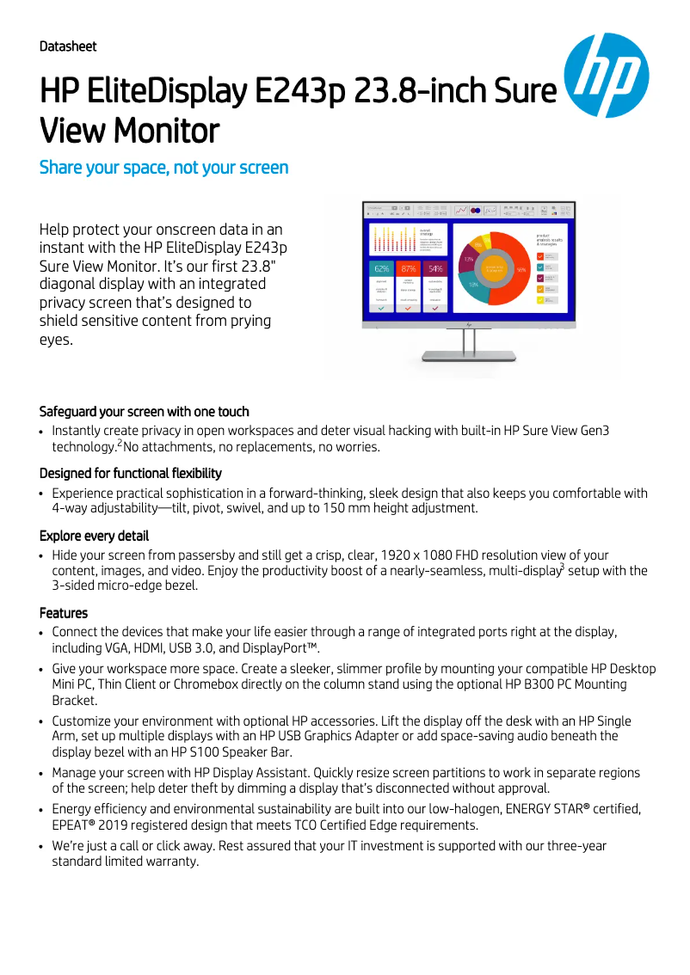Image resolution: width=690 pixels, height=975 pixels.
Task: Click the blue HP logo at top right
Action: point(605,75)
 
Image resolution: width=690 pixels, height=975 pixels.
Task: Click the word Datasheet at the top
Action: point(68,46)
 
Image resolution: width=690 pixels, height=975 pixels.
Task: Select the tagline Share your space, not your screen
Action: point(163,167)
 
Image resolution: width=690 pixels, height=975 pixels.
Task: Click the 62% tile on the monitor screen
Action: point(382,268)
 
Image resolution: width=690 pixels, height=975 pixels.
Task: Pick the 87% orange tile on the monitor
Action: point(409,268)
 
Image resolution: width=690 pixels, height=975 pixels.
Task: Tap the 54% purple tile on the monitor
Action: point(435,268)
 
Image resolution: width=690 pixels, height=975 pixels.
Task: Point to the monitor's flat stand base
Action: point(469,357)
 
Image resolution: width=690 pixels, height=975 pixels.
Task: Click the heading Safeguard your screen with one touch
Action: point(144,411)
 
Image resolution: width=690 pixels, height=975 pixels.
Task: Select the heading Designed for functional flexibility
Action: point(130,473)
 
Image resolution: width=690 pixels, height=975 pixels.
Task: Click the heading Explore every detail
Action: point(94,536)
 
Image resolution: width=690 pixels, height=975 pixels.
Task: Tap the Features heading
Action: point(63,613)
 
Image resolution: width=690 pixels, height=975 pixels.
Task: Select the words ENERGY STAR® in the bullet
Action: point(545,809)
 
